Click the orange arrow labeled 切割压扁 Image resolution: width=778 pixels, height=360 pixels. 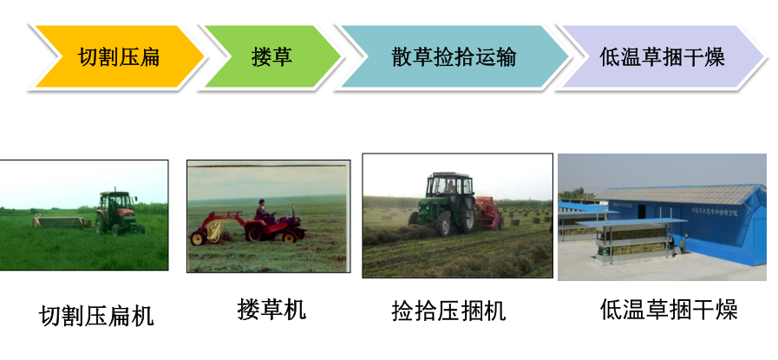tap(119, 56)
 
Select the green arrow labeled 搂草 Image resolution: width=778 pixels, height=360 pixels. tap(271, 56)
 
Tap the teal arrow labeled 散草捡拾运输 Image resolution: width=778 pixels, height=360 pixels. tap(454, 56)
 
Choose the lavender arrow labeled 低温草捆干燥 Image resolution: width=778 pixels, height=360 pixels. tap(662, 56)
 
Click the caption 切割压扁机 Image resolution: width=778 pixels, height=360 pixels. tap(96, 316)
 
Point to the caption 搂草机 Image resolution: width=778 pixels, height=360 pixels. tap(271, 309)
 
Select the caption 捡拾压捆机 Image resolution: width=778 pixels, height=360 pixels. tap(448, 311)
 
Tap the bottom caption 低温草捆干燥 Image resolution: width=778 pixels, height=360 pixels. tap(669, 309)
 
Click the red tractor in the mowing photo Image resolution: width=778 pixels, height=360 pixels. tap(119, 213)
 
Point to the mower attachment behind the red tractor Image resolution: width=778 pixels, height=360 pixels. tap(60, 221)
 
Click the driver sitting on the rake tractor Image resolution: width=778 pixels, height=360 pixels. tap(263, 213)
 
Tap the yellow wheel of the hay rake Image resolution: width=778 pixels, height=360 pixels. tap(198, 239)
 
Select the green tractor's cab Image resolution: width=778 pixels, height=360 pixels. tap(449, 187)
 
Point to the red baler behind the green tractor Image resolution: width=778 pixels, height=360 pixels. tap(490, 213)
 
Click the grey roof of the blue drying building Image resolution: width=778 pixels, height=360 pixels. tap(680, 194)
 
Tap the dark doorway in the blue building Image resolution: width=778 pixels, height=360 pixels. tap(641, 212)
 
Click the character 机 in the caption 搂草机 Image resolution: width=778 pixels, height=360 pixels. tap(295, 309)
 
